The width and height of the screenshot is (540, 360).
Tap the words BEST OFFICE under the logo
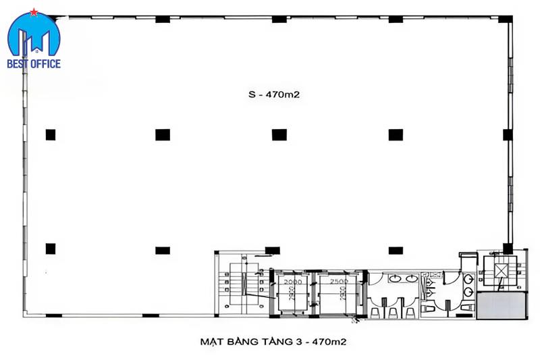coord(34,64)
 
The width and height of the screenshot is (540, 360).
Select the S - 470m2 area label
coord(273,95)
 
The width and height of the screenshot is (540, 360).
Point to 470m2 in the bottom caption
coord(331,342)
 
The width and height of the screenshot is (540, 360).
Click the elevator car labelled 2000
coord(293,291)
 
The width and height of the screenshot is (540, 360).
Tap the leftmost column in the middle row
coord(51,134)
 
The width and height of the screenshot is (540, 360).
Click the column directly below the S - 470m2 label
coord(279,134)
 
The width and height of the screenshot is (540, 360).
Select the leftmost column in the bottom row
coord(51,249)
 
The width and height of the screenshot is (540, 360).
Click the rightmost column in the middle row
coord(396,134)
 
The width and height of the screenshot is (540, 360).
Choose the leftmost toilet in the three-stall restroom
coord(375,312)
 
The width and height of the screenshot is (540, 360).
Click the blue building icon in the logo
coord(34,39)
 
